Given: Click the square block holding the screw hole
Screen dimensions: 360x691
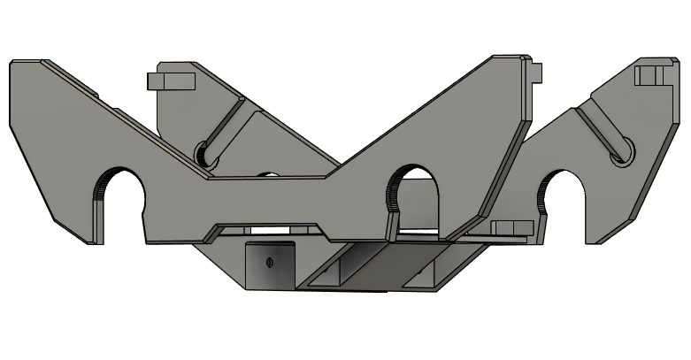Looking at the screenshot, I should (270, 265).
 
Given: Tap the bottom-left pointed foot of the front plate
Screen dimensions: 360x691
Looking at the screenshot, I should (88, 241).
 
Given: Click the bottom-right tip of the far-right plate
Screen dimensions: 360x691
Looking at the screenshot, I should (602, 241).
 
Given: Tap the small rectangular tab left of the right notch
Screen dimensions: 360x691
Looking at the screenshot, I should (509, 228).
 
